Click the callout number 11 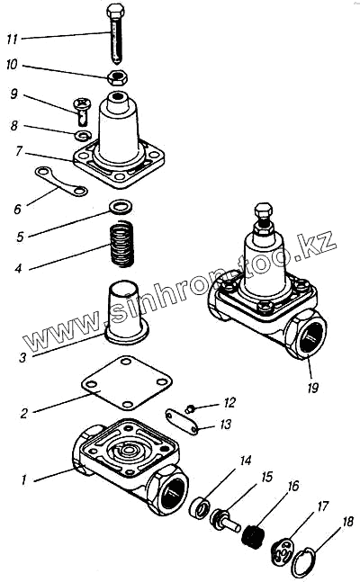[x=12, y=39]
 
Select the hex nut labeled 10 [x=118, y=77]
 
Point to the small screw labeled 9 [x=82, y=111]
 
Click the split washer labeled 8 [x=83, y=136]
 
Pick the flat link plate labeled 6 [x=62, y=181]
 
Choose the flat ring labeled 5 [x=121, y=206]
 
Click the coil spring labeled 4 [x=121, y=244]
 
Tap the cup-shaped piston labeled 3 [x=126, y=313]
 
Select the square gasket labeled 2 [x=126, y=382]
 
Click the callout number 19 [x=312, y=388]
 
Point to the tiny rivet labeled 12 [x=189, y=409]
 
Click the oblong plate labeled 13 [x=181, y=421]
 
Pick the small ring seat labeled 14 [x=201, y=508]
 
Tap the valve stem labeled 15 [x=224, y=521]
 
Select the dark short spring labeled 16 [x=252, y=537]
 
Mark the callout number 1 [x=23, y=480]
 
